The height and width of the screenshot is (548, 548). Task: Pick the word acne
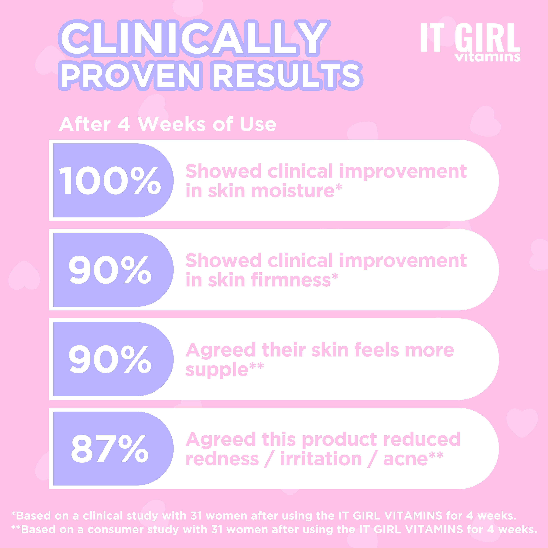pos(405,459)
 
